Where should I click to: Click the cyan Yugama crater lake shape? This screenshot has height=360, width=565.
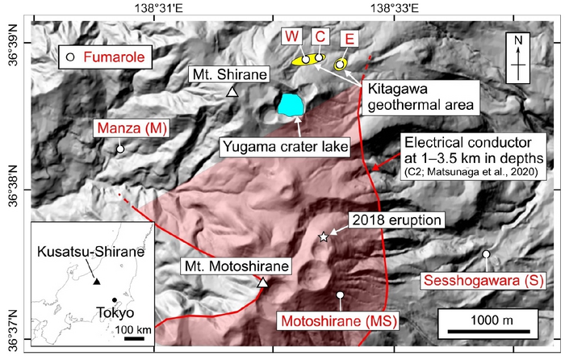[291, 105]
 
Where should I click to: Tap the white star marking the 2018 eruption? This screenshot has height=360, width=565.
[324, 237]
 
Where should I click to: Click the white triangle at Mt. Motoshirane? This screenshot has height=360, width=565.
[262, 283]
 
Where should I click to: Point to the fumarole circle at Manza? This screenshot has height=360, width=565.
[119, 149]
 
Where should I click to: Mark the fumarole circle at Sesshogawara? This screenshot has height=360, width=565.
[486, 255]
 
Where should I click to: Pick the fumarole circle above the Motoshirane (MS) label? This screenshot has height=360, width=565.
[340, 295]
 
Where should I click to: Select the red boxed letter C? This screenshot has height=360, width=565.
[320, 36]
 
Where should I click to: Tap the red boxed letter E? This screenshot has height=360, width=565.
[349, 38]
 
